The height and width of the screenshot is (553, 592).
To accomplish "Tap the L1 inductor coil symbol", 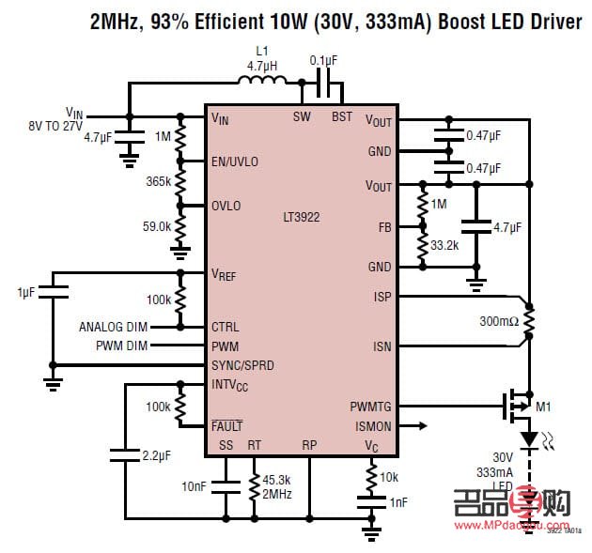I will tap(262, 83).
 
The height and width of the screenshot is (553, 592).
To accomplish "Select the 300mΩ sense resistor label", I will tap(499, 321).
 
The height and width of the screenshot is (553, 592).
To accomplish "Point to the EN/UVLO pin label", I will tap(235, 161).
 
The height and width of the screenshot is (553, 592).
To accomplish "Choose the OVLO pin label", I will tap(226, 206).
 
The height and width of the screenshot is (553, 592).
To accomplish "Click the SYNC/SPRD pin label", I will tap(243, 364).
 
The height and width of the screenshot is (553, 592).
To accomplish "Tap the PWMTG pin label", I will tap(370, 407).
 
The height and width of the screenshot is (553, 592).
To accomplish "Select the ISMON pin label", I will tap(372, 425).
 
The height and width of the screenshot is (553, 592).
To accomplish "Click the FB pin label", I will tap(385, 226).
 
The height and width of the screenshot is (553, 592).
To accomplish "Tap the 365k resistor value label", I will tap(158, 181).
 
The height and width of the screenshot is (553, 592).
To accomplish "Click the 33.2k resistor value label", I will tap(444, 246).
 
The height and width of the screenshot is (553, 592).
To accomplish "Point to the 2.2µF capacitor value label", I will tap(156, 455).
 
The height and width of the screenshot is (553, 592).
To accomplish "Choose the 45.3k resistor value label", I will tap(276, 481).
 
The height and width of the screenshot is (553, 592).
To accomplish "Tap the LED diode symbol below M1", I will tap(529, 438).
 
